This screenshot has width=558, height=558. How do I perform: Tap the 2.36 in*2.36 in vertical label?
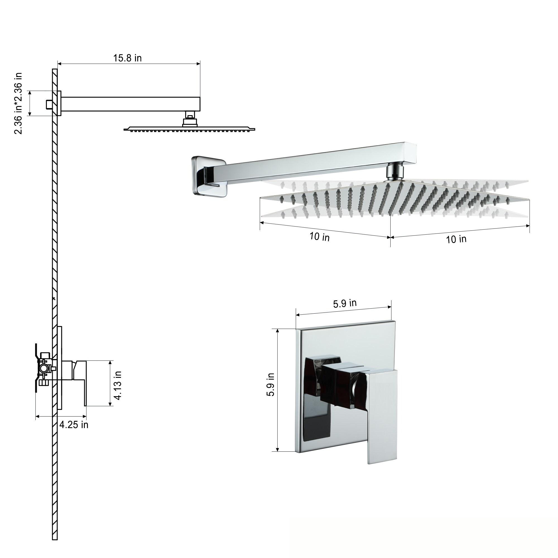(x=18, y=104)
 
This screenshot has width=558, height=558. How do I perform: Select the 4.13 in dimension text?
(x=118, y=386)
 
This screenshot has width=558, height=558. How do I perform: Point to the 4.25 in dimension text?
(x=74, y=425)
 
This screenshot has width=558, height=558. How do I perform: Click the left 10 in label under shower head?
(x=319, y=237)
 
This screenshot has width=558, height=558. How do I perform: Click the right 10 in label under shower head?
(x=456, y=239)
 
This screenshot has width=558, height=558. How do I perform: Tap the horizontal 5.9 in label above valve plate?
(x=345, y=303)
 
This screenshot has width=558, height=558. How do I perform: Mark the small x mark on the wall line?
(x=54, y=298)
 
